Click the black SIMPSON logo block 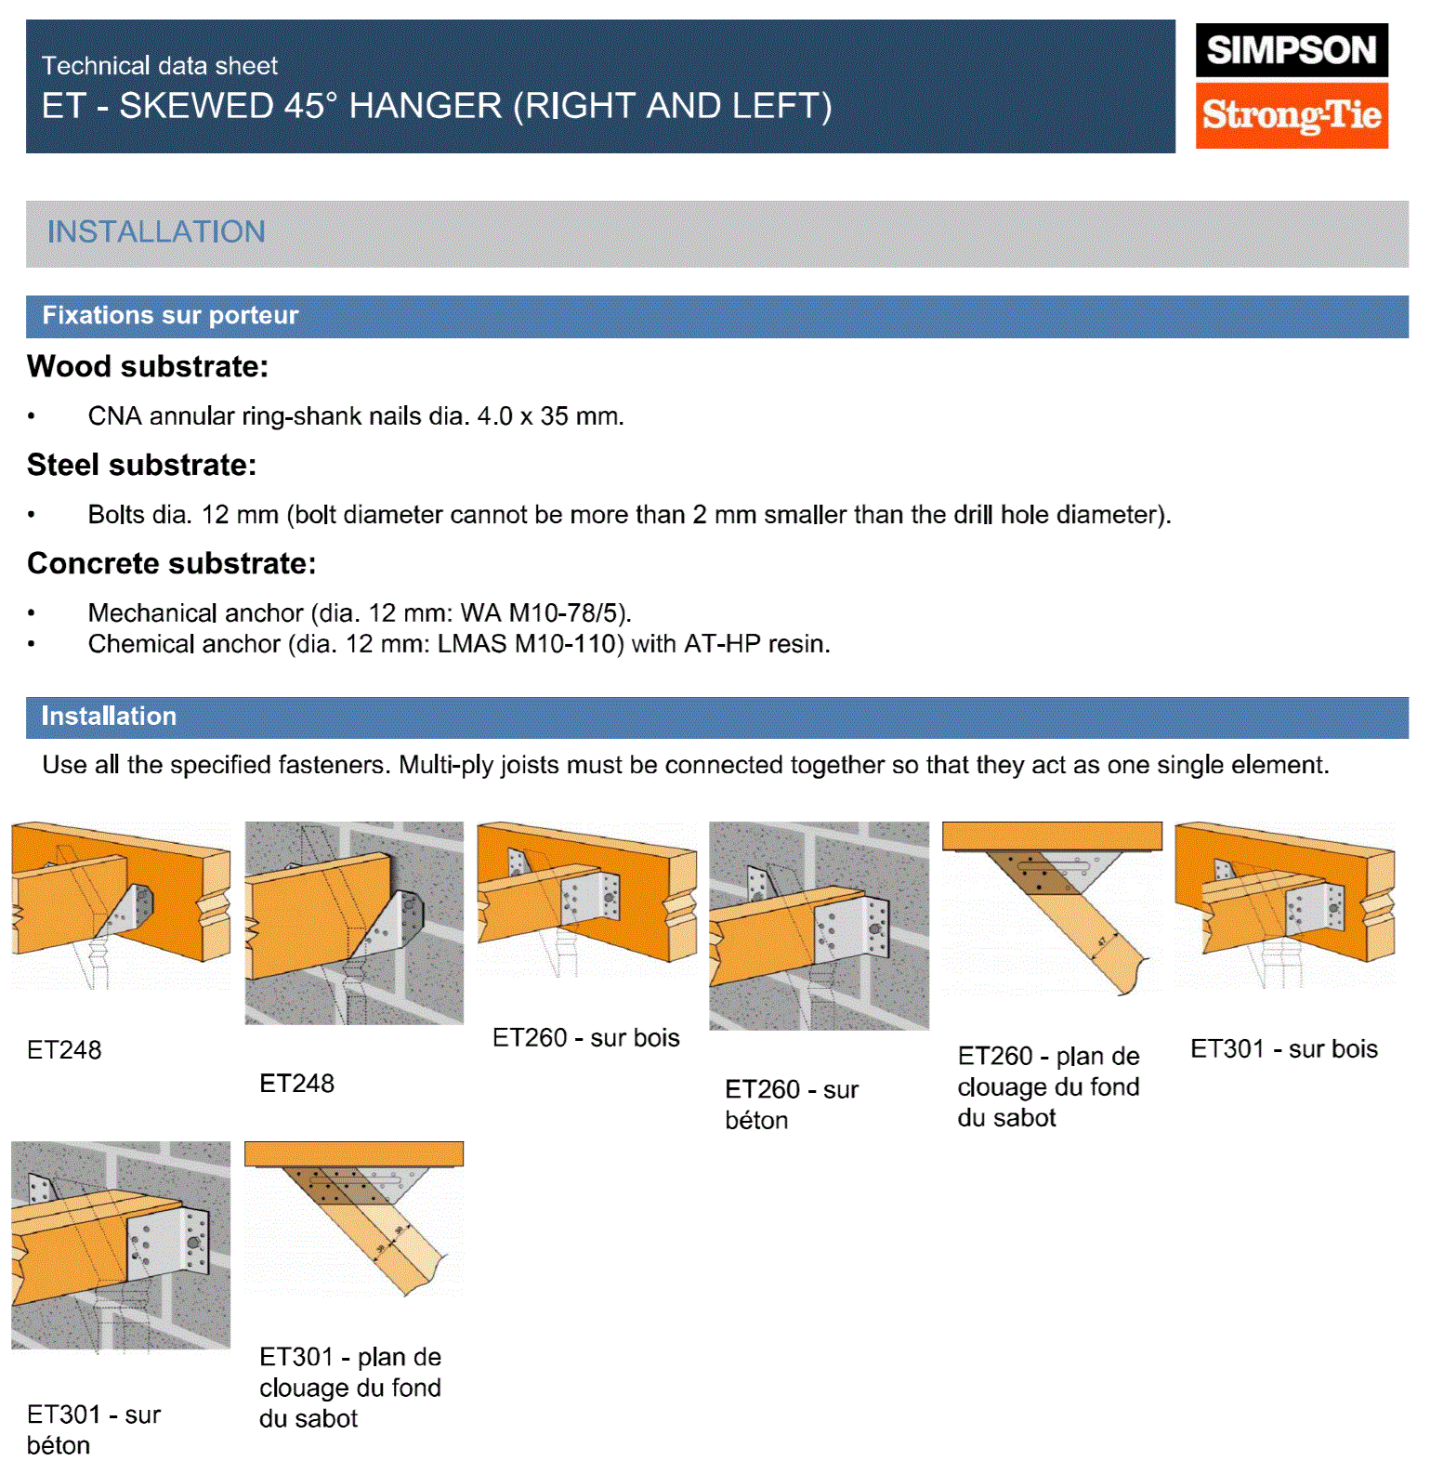coord(1291,50)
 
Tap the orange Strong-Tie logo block coord(1291,115)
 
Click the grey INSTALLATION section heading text coord(156,232)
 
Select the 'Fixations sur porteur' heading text coord(170,316)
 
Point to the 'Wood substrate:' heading coord(148,367)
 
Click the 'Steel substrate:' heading coord(141,465)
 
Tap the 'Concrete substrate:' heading coord(172,563)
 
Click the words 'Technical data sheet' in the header coord(160,66)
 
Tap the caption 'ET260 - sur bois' coord(585,1038)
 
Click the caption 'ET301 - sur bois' coord(1283,1049)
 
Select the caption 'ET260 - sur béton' coord(791,1104)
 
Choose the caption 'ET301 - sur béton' coord(93,1429)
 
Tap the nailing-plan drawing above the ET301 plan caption coord(354,1217)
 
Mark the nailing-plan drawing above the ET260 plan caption coord(1052,907)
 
